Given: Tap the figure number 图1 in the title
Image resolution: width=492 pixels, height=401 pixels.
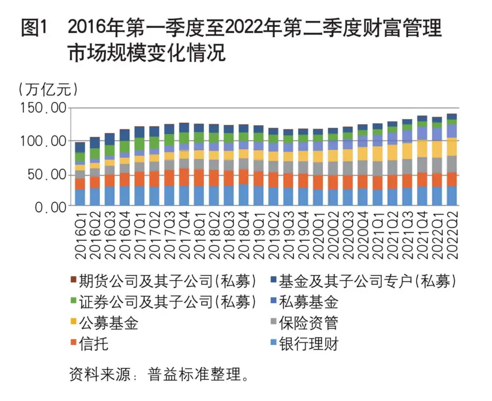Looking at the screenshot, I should (34, 29).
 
